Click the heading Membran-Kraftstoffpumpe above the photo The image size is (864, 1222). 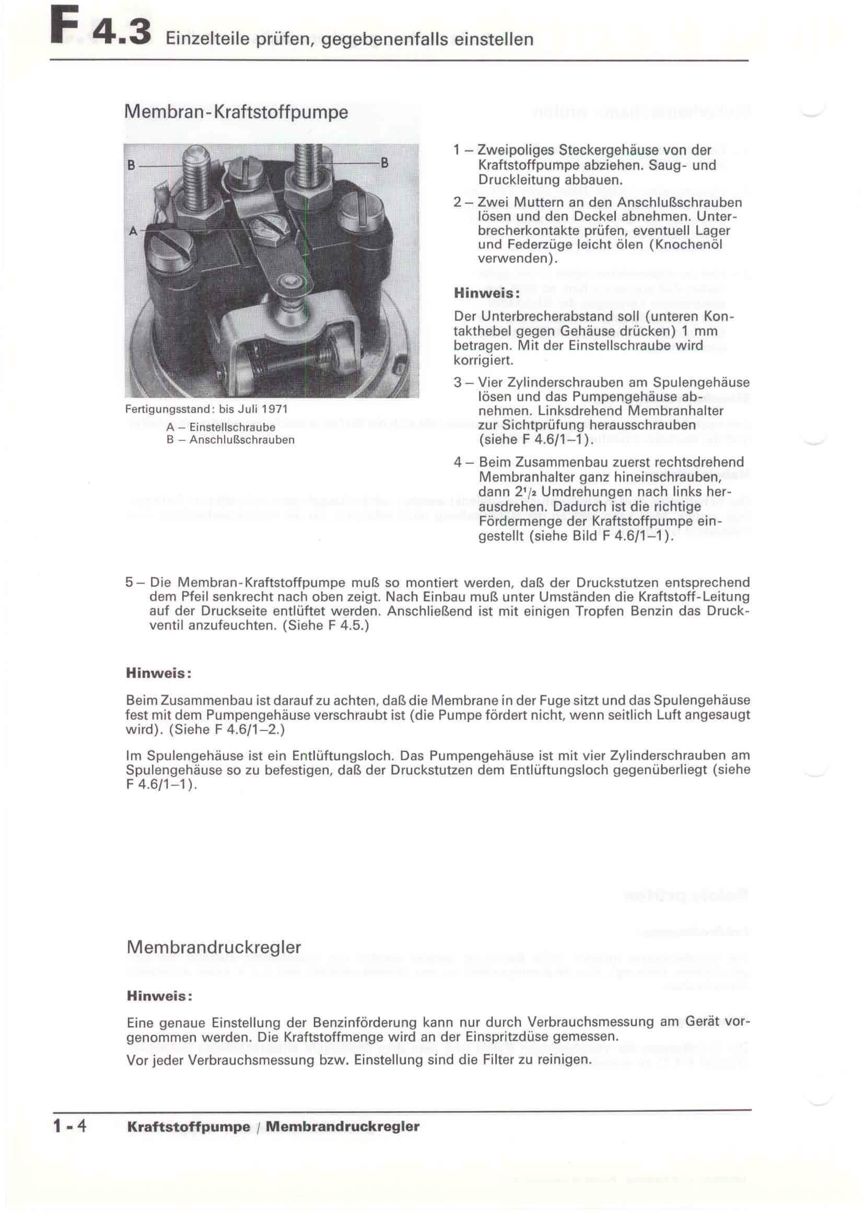[236, 112]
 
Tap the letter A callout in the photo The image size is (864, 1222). [133, 231]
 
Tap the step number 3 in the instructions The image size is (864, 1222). [458, 382]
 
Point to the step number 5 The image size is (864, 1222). [129, 582]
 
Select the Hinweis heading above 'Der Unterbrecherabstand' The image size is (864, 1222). [486, 293]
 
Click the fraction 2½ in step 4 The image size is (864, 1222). [499, 492]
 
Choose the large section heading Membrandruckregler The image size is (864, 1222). [214, 947]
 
